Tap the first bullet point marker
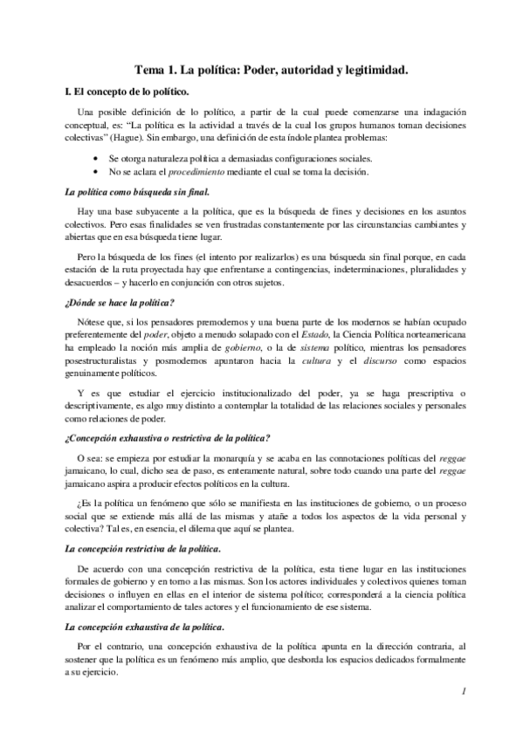[x=94, y=158]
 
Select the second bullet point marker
[x=94, y=172]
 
